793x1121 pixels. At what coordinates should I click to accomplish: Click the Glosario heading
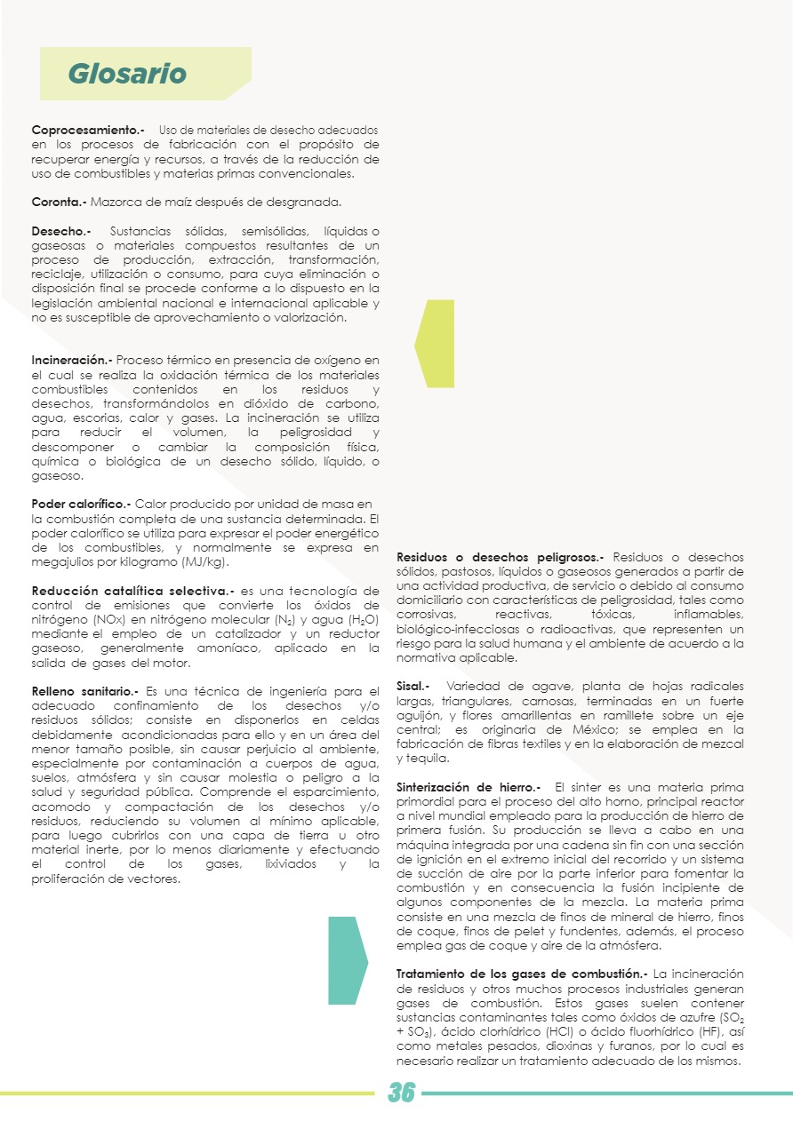coord(127,74)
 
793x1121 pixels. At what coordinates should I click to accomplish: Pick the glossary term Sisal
coord(413,687)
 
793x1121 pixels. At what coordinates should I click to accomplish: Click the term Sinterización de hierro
coord(468,787)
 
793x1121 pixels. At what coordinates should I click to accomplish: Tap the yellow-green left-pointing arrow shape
coord(436,343)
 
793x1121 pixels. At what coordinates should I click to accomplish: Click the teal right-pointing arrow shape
coord(348,959)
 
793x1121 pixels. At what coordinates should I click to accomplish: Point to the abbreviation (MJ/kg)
coord(204,562)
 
